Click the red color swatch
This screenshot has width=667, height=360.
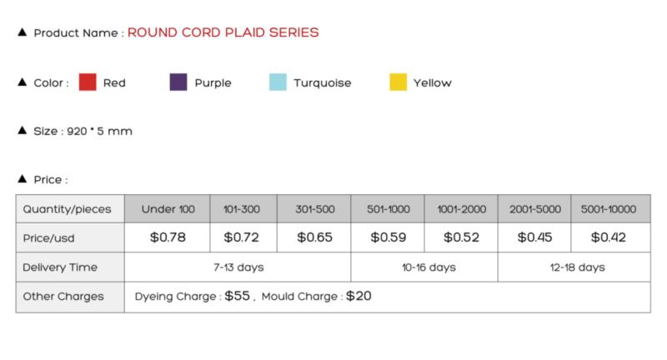pos(88,82)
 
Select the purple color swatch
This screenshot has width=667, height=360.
pos(178,82)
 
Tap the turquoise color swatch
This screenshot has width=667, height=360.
pos(278,82)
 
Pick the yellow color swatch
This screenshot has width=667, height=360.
pos(399,82)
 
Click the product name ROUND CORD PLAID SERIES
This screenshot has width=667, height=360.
pos(223,32)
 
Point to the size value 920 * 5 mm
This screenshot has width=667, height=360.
pos(99,131)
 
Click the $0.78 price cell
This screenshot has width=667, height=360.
pos(168,237)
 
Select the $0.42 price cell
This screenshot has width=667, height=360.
pos(609,237)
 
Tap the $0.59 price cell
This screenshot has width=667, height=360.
pos(388,237)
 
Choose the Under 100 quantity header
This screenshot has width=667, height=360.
pos(168,209)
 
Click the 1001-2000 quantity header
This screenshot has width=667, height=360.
pos(462,209)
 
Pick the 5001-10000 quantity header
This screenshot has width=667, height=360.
pos(609,209)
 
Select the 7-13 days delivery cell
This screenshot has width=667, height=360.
pos(238,267)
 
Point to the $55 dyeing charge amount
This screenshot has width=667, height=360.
pos(237,296)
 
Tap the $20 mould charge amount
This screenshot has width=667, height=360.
pos(359,296)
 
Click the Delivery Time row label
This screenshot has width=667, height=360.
pos(60,267)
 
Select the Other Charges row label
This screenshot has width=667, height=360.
pos(63,296)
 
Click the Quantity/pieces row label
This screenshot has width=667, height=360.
pos(67,209)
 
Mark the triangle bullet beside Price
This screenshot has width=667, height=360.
pos(23,178)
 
